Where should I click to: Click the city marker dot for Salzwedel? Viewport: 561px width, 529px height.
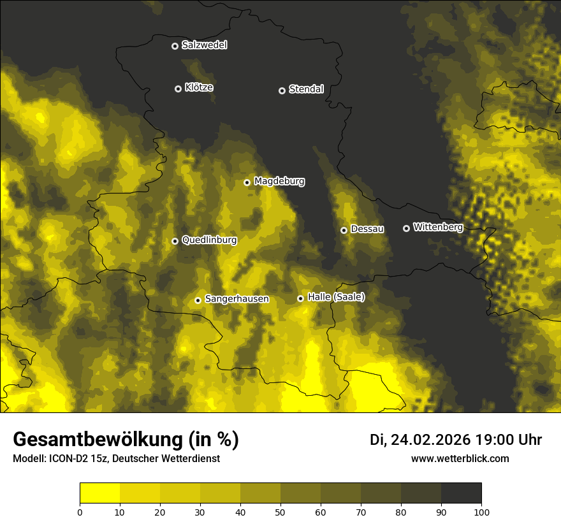[175, 46]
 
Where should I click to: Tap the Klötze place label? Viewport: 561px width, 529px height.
[199, 88]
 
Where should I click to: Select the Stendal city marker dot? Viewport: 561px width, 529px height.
[282, 91]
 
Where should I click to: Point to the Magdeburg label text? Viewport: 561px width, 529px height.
[279, 182]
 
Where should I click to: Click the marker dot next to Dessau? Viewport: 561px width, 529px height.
[344, 230]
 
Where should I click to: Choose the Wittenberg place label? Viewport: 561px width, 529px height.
[437, 227]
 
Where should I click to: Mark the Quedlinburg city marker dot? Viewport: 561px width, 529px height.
[175, 241]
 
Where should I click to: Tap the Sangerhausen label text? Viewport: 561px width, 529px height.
[237, 299]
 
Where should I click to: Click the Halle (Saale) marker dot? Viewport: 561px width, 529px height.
[300, 298]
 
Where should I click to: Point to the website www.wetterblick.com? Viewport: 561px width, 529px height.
[460, 458]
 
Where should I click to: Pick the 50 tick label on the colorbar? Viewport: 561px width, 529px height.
[280, 512]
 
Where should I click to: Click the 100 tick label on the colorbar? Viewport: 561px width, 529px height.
[481, 512]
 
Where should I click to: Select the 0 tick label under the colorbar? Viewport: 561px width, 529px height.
[80, 512]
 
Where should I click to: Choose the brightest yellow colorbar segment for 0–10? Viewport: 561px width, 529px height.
[100, 493]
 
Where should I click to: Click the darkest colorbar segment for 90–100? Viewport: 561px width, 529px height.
[461, 493]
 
